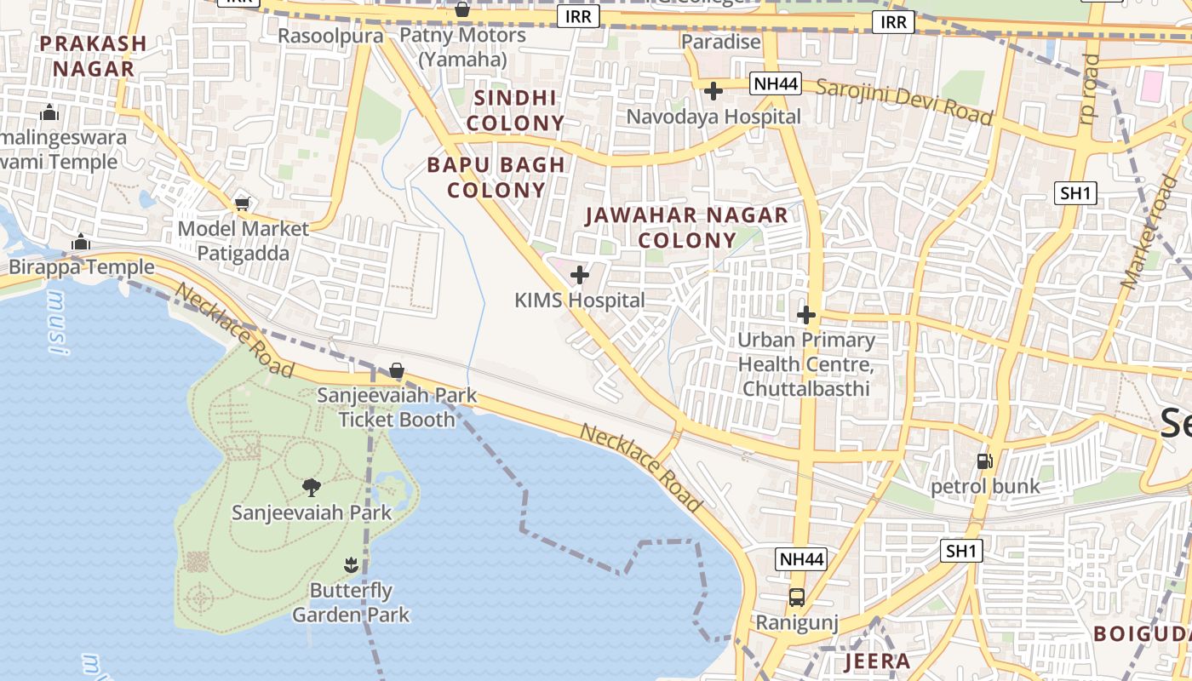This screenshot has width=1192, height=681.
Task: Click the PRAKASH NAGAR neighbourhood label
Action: click(93, 55)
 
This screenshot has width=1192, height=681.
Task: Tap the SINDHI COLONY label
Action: click(515, 110)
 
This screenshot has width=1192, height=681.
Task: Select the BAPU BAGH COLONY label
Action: click(496, 177)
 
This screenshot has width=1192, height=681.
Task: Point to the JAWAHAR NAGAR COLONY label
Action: click(687, 227)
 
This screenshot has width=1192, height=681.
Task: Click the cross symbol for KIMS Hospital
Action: click(580, 275)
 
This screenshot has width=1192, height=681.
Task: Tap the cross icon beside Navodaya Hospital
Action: click(713, 90)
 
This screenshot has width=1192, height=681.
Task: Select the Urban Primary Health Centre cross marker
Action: click(806, 315)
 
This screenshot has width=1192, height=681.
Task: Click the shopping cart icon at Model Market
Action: click(243, 203)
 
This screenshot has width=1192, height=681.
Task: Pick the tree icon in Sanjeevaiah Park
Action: click(312, 487)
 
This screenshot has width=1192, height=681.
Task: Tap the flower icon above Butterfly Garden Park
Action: click(350, 564)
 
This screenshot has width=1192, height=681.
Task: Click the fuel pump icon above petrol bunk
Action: click(984, 461)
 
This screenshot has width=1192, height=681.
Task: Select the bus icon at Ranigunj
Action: click(797, 598)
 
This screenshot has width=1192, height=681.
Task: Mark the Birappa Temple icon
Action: click(81, 242)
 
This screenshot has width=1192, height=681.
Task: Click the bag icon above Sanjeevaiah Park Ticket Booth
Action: click(397, 370)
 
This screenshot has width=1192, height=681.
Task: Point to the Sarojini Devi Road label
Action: click(904, 100)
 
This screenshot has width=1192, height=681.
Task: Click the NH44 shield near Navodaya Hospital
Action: click(776, 83)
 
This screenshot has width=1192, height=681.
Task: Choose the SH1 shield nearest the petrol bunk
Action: click(961, 551)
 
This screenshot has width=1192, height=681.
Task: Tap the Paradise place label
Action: click(721, 42)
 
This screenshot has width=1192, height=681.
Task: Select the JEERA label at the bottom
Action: click(877, 661)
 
